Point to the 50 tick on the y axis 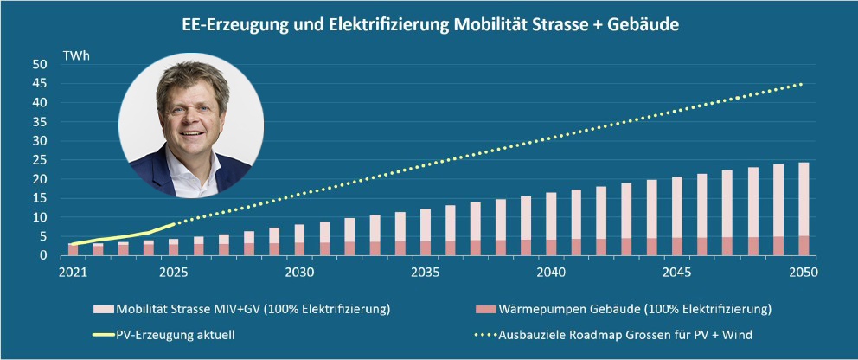(40, 65)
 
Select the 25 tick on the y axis (40, 160)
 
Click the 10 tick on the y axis (40, 217)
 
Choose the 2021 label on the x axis (73, 272)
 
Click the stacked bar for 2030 (299, 241)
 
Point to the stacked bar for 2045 (676, 216)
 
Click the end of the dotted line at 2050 (802, 84)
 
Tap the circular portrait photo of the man (190, 125)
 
